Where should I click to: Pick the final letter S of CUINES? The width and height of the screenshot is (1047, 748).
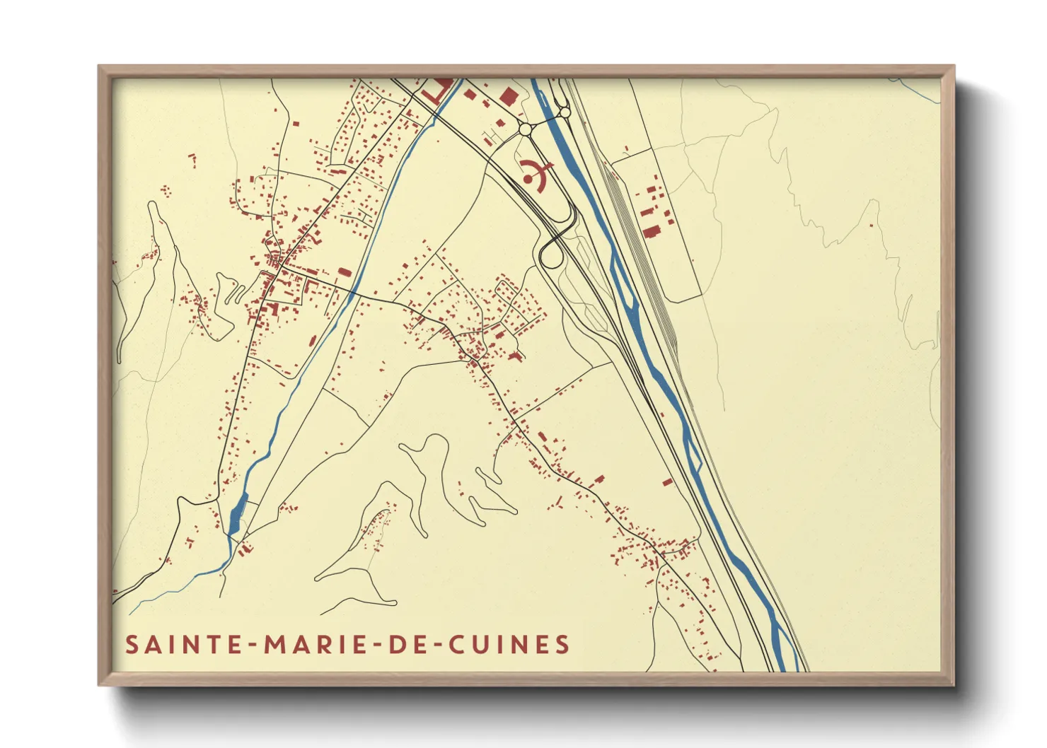coord(562,645)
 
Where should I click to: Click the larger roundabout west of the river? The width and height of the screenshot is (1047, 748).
coord(525,130)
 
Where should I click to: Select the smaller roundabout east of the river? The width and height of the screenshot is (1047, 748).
coord(565,112)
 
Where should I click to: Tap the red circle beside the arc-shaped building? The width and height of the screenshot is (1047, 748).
coord(528,180)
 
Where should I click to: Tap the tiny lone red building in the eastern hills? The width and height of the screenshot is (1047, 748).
coord(871,225)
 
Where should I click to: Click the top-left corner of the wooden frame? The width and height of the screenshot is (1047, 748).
coord(99,66)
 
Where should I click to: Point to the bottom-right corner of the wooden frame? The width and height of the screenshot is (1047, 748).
coord(954,684)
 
